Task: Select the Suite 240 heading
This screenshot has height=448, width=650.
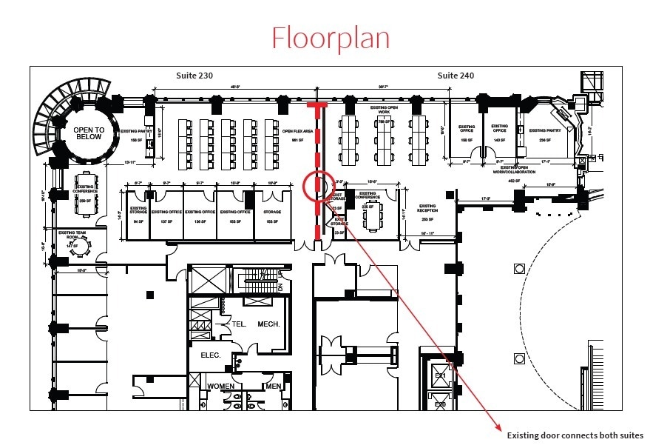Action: click(x=455, y=76)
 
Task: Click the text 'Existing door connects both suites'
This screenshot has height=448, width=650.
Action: click(x=575, y=434)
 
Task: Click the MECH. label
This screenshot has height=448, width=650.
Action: click(x=268, y=324)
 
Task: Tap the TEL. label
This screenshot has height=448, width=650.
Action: click(x=239, y=324)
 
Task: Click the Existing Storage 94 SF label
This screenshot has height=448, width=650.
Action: click(x=138, y=215)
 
